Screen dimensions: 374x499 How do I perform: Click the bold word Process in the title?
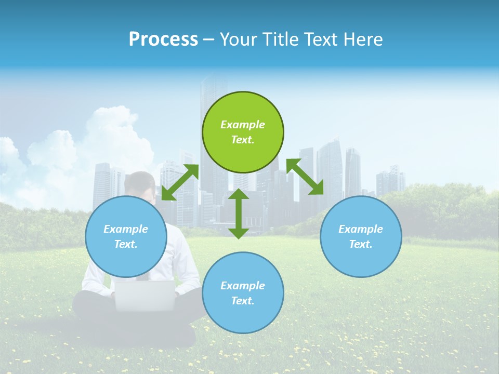pos(163,39)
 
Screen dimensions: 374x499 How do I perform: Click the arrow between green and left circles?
pos(180,182)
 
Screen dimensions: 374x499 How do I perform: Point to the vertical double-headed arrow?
pos(239,213)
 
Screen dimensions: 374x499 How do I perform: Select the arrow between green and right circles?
pos(305,177)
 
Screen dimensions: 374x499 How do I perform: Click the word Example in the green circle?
pos(243,125)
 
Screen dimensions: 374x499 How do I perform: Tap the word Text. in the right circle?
pos(361,244)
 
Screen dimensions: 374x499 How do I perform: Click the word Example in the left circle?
pos(126,229)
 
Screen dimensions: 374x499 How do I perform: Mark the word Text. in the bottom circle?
pos(243,301)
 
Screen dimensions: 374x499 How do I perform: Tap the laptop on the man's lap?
pos(145,295)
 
